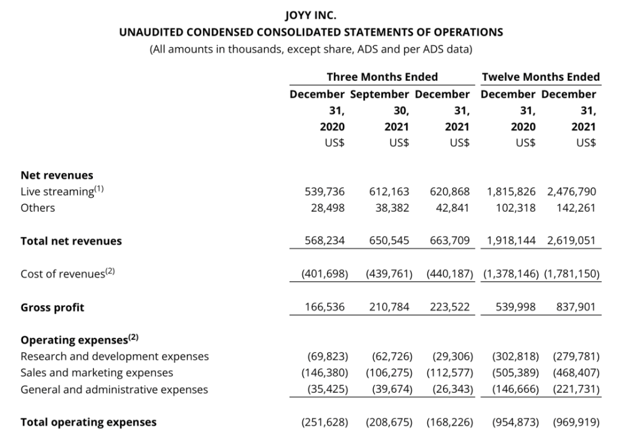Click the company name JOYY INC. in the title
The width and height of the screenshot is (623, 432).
311,15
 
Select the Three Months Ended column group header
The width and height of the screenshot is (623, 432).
382,77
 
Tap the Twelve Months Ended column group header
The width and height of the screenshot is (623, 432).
540,77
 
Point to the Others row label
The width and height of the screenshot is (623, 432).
37,208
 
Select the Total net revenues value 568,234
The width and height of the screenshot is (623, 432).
325,241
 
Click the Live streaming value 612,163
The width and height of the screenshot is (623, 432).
389,192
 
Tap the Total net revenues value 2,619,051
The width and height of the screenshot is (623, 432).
571,241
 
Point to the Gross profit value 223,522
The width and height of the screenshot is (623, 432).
450,307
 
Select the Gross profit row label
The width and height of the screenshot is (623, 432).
52,308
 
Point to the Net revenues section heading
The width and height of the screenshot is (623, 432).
57,176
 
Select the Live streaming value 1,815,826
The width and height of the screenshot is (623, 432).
511,192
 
